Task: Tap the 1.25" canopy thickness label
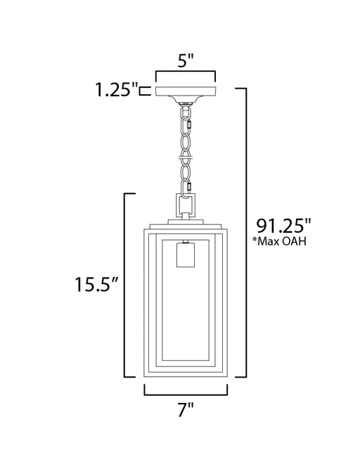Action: [117, 89]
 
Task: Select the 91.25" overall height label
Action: [283, 226]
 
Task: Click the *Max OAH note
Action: [279, 241]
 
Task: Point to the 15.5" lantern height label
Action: [96, 284]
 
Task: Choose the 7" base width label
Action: [186, 409]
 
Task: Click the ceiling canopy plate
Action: [186, 91]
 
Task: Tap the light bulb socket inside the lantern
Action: [186, 255]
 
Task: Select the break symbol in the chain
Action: [186, 157]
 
